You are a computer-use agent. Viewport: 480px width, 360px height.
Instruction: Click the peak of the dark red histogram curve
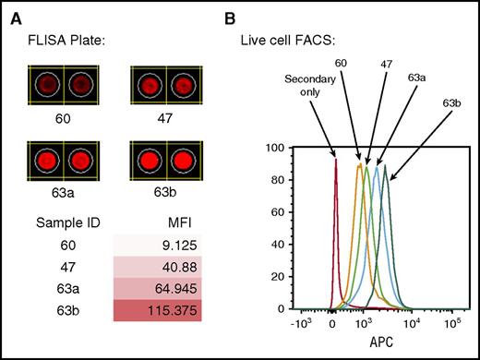click(335, 161)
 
